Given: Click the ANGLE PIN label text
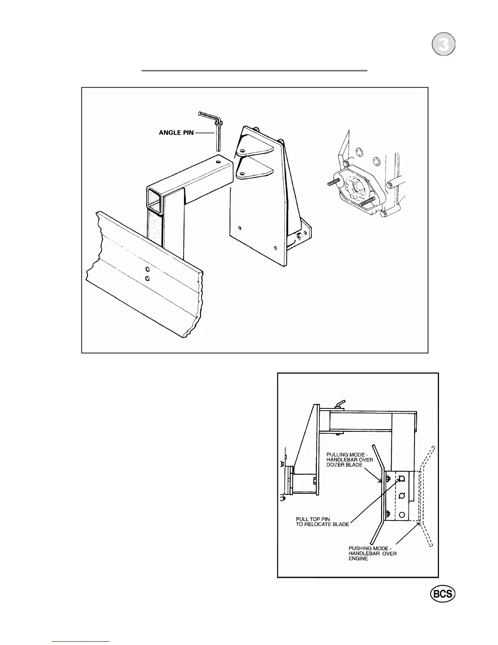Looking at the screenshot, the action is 176,133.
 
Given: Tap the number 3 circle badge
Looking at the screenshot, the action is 443,46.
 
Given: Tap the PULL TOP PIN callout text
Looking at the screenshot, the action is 322,522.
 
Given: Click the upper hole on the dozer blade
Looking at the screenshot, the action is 147,270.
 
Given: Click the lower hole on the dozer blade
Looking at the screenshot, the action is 147,278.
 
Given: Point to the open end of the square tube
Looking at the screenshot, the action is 157,201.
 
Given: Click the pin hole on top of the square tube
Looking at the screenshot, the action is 219,162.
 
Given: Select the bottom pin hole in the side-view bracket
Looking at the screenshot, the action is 402,515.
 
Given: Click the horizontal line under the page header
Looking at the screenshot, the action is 254,70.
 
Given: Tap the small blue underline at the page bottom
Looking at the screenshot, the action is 81,641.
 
